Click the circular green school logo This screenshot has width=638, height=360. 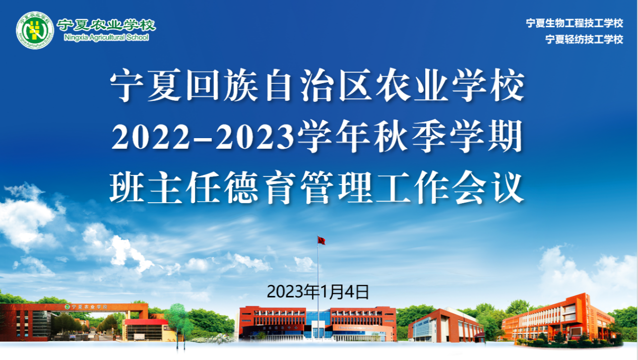(35, 30)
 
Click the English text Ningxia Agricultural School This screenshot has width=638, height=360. (106, 38)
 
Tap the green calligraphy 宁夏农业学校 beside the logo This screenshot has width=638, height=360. (106, 25)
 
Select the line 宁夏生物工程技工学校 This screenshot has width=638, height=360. (575, 23)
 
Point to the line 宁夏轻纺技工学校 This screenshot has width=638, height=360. (584, 39)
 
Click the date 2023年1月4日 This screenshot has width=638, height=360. (318, 292)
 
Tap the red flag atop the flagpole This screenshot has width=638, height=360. (322, 241)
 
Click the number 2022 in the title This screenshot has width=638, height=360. (151, 137)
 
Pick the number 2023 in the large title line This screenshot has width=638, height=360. (255, 137)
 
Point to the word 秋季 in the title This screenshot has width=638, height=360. (410, 136)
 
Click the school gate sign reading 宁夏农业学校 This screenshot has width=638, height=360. (87, 307)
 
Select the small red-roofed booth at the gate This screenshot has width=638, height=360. (145, 330)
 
